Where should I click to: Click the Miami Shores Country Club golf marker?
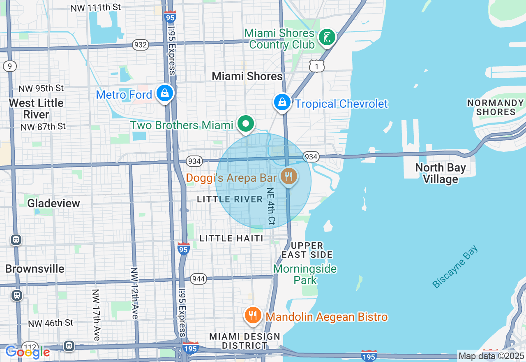pyautogui.click(x=327, y=38)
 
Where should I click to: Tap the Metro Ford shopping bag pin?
pyautogui.click(x=165, y=93)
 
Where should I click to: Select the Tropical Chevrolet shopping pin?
pyautogui.click(x=282, y=102)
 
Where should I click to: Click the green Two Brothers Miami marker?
pyautogui.click(x=246, y=123)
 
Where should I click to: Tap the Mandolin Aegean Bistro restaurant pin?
pyautogui.click(x=253, y=316)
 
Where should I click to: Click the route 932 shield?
pyautogui.click(x=140, y=45)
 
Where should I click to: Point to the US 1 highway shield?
pyautogui.click(x=317, y=66)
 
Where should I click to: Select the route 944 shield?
pyautogui.click(x=198, y=279)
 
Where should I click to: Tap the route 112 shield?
pyautogui.click(x=30, y=347)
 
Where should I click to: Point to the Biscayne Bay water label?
pyautogui.click(x=455, y=267)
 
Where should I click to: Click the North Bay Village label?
pyautogui.click(x=441, y=173)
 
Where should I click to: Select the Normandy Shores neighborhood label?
pyautogui.click(x=496, y=107)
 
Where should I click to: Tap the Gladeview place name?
pyautogui.click(x=53, y=203)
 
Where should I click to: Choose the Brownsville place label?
pyautogui.click(x=35, y=269)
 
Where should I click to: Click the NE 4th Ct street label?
pyautogui.click(x=271, y=207)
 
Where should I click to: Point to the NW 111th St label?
pyautogui.click(x=96, y=8)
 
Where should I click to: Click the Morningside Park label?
pyautogui.click(x=305, y=274)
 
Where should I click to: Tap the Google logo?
pyautogui.click(x=28, y=352)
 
